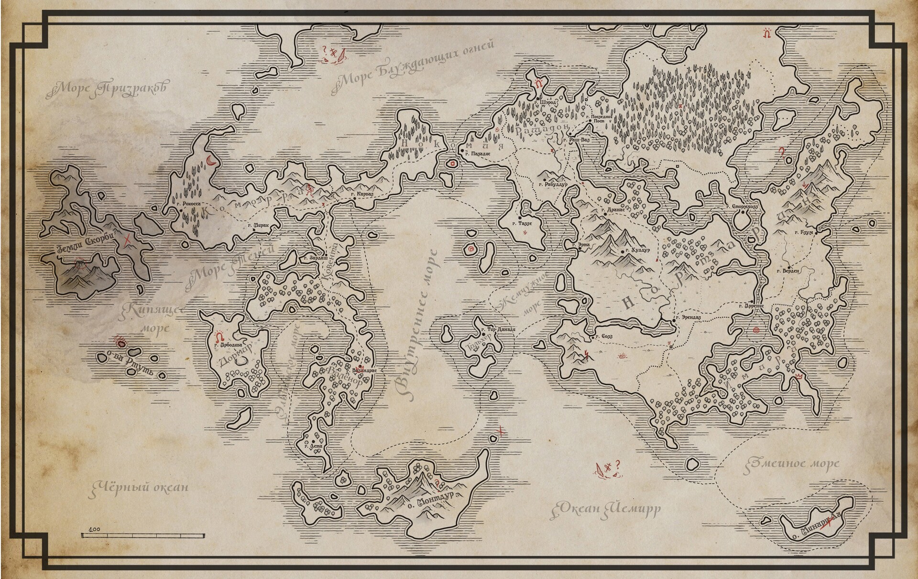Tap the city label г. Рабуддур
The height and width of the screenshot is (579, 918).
coord(554,184)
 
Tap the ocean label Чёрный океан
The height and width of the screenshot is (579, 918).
coord(139,487)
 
